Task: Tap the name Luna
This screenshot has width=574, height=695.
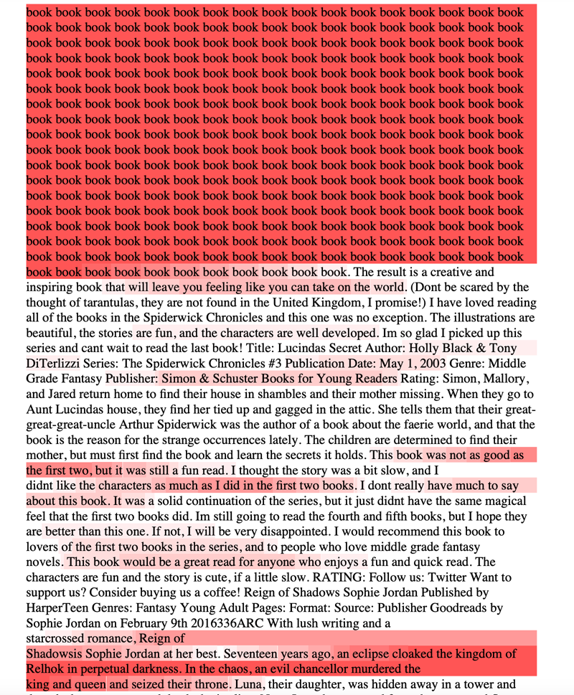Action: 250,685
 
